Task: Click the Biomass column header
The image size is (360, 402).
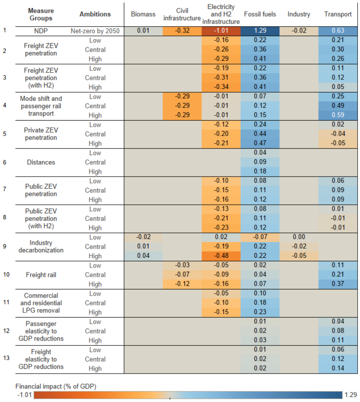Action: click(x=143, y=14)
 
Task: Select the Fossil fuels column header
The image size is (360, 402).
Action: click(x=260, y=14)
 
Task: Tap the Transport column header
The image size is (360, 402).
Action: click(x=338, y=14)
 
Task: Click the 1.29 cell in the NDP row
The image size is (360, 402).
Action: click(x=260, y=31)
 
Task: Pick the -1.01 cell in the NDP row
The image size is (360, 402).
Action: click(x=221, y=31)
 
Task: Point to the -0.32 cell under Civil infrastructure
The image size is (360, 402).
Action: click(x=182, y=31)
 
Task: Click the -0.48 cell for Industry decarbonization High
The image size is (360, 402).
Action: click(x=221, y=256)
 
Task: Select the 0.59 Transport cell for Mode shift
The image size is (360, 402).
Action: click(x=338, y=115)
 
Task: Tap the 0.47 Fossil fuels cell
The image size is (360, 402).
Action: click(x=260, y=143)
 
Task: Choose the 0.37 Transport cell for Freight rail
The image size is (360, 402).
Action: click(x=338, y=284)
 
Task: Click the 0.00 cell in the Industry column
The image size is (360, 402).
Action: click(x=299, y=237)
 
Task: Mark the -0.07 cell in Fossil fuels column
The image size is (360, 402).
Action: click(x=260, y=237)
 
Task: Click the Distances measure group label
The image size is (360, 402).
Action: click(x=41, y=162)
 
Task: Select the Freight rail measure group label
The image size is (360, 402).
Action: click(x=41, y=275)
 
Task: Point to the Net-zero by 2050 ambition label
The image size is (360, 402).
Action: click(x=95, y=31)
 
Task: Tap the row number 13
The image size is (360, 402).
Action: click(x=6, y=358)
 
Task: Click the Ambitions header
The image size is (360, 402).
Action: click(x=95, y=14)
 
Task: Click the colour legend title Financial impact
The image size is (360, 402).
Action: click(x=56, y=386)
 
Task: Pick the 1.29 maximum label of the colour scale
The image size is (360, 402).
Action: click(x=351, y=395)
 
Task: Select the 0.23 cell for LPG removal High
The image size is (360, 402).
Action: click(x=260, y=312)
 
